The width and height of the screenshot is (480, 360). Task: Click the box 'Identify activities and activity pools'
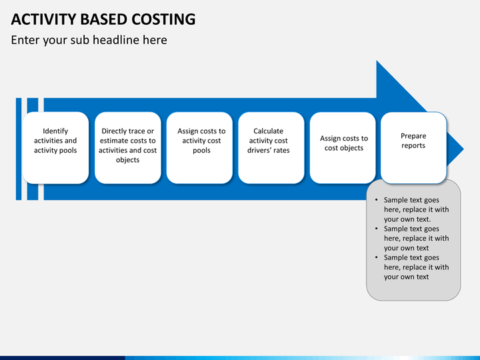coord(55,147)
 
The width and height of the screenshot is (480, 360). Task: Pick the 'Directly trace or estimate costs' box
coord(127,147)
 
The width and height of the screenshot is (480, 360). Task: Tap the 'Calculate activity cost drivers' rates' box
coord(271,147)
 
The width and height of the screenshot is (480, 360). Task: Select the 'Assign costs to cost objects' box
coord(343,147)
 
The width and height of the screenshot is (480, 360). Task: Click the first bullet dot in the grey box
coord(376,200)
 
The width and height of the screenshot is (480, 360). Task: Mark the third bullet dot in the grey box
coord(376,258)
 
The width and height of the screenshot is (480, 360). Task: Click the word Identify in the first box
coord(55,131)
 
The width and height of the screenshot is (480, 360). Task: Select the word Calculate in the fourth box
coord(268,131)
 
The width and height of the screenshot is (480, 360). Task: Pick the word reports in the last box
coord(413,145)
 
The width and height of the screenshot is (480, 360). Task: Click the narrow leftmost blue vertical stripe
coord(19,149)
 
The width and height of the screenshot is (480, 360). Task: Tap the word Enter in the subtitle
coord(25,40)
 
